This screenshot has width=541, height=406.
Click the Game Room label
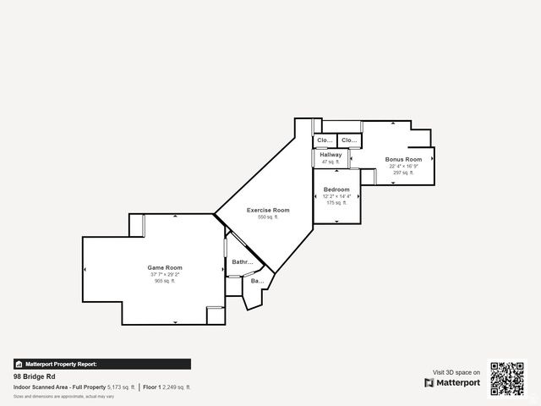[x=165, y=267]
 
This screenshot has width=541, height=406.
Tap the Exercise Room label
[x=268, y=210]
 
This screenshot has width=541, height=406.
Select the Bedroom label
[x=336, y=189]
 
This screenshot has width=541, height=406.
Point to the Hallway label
[x=331, y=155]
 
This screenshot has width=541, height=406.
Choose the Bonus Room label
[x=403, y=159]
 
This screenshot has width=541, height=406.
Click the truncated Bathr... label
[x=243, y=262]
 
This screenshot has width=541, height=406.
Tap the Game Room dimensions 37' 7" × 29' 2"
[x=165, y=274]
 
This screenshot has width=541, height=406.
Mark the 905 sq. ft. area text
[x=165, y=281]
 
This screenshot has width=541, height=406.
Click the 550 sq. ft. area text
[x=268, y=217]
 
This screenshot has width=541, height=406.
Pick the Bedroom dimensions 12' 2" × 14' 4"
[x=336, y=196]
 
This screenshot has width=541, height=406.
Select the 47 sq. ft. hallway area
[x=331, y=162]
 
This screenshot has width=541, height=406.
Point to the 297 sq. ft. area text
[x=403, y=173]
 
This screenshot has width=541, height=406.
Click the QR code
[x=508, y=379]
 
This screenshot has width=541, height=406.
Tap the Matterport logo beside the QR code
[x=452, y=382]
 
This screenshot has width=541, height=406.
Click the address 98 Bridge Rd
[x=34, y=376]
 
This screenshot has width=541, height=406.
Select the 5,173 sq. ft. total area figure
[x=121, y=387]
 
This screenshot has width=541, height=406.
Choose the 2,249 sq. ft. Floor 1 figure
[x=177, y=387]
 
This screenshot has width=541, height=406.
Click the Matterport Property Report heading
[x=61, y=364]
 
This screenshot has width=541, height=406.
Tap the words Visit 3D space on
[x=456, y=372]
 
